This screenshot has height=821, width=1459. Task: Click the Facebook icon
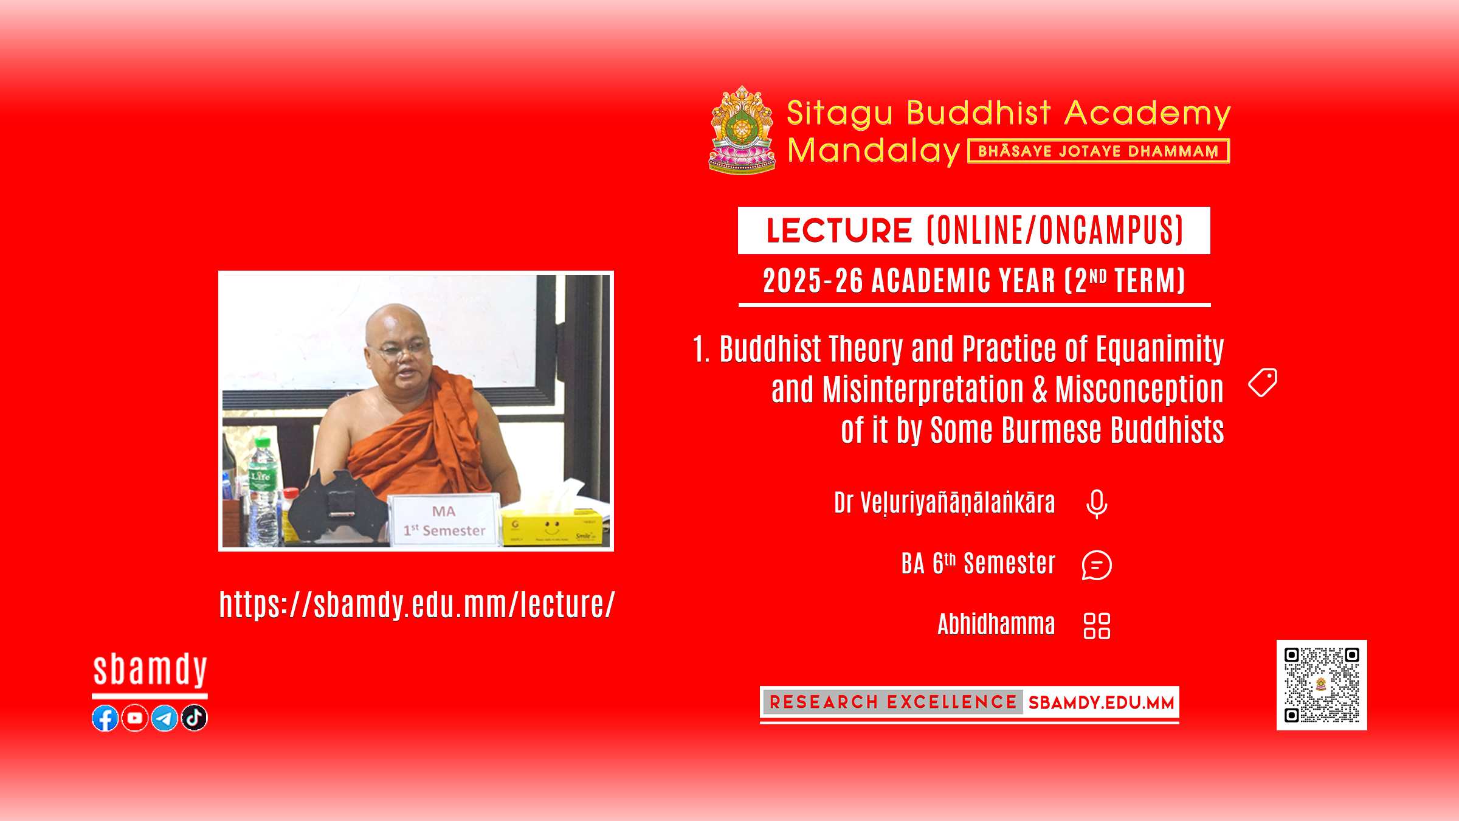pos(105,718)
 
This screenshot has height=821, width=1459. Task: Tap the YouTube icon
pos(135,718)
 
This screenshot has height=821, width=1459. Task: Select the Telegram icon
pos(164,718)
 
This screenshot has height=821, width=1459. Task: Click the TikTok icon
pos(195,718)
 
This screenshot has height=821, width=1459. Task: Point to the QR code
pos(1322,685)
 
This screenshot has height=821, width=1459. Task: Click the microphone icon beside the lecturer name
pos(1097,504)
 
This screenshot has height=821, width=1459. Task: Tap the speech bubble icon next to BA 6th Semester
pos(1097,565)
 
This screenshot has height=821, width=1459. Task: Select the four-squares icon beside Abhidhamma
pos(1097,626)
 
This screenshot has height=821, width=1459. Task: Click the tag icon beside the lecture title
pos(1263,383)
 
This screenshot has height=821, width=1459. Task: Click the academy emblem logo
pos(742,130)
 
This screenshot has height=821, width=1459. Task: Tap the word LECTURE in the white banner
pos(839,230)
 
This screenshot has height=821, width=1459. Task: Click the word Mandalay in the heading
pos(874,151)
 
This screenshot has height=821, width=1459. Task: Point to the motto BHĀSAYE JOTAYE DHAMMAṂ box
pos(1099,151)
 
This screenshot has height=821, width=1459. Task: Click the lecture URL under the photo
pos(417,605)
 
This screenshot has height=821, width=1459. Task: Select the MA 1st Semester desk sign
pos(445,521)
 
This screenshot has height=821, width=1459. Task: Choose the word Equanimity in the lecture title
pos(1160,350)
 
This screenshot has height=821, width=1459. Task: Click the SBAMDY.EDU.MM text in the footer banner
pos(1101,703)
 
